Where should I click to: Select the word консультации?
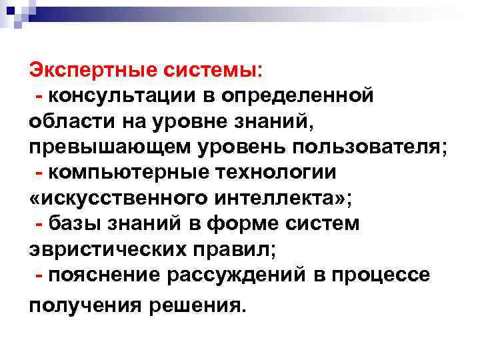119,95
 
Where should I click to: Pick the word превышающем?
99,147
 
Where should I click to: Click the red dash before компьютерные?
41,172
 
